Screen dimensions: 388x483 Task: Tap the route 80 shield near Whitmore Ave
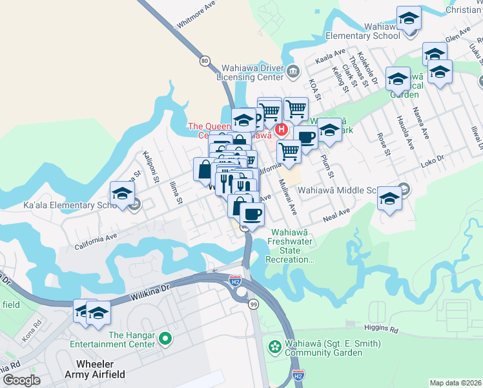click(205, 61)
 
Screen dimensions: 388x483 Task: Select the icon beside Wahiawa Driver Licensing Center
click(294, 71)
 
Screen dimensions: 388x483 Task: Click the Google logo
click(21, 380)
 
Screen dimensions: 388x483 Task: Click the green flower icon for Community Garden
click(276, 347)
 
